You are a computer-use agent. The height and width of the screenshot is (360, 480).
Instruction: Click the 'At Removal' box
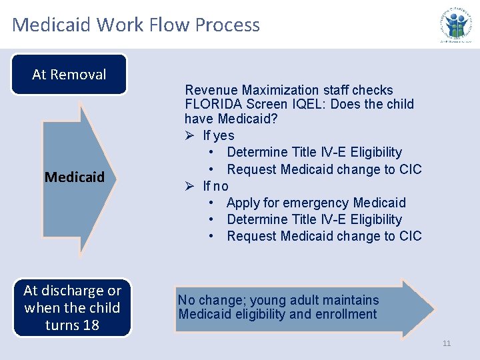click(x=69, y=74)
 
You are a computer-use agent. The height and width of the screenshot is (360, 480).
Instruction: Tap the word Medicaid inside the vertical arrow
click(x=75, y=177)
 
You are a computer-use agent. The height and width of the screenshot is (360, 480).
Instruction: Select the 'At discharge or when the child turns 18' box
click(x=72, y=308)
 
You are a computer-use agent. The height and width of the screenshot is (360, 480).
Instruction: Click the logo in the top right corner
click(x=457, y=24)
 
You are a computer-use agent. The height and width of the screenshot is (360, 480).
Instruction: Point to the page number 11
click(x=447, y=343)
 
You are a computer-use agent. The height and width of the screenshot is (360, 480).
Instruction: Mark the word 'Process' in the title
click(x=227, y=25)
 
